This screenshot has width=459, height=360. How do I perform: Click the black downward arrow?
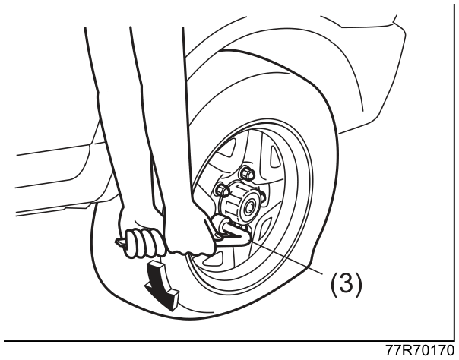point(161,285)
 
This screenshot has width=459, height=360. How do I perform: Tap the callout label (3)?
point(346,283)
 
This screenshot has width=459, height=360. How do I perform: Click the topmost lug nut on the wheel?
point(246,172)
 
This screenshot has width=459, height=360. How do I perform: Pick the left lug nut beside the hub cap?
point(222,190)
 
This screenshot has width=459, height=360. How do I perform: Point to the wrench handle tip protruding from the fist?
point(121,243)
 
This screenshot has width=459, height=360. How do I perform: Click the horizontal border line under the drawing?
point(227,341)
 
